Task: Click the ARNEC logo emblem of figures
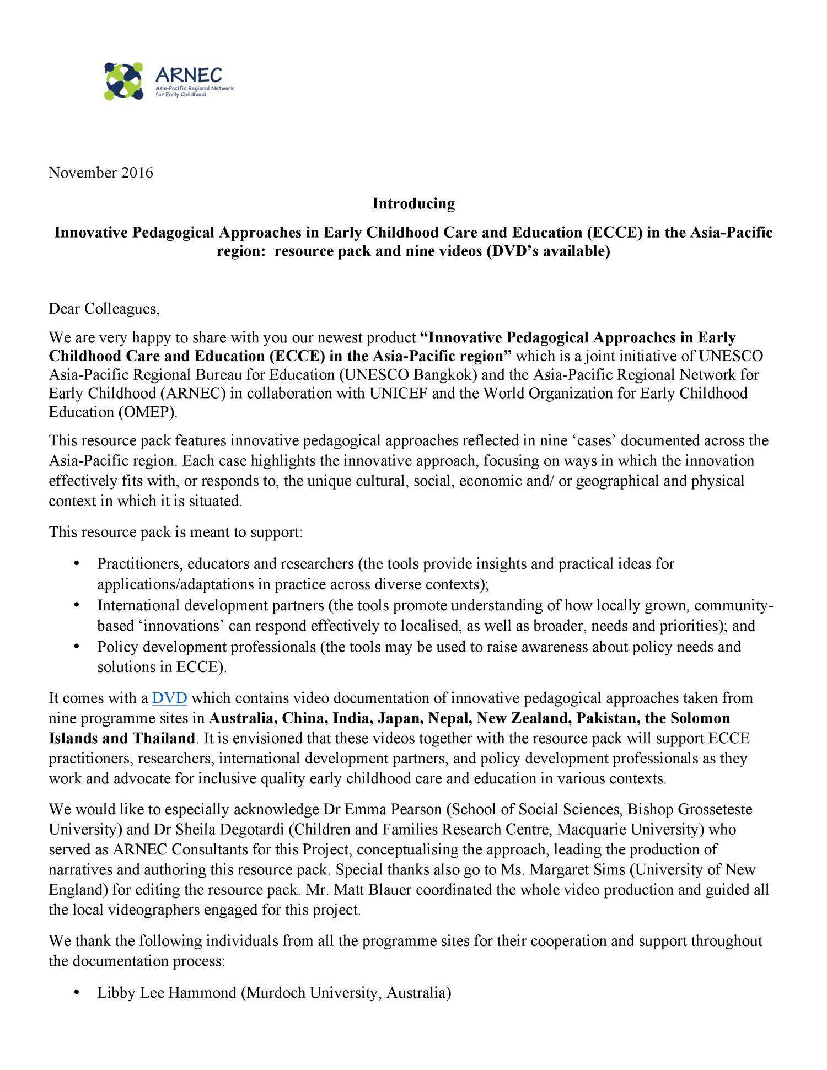point(123,81)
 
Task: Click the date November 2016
point(101,173)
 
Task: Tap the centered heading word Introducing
point(413,204)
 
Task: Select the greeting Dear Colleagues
point(104,309)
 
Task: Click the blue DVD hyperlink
point(169,698)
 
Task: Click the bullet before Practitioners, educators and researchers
point(77,564)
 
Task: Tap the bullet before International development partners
point(77,605)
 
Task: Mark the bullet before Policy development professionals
point(77,647)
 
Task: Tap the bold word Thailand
point(164,739)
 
